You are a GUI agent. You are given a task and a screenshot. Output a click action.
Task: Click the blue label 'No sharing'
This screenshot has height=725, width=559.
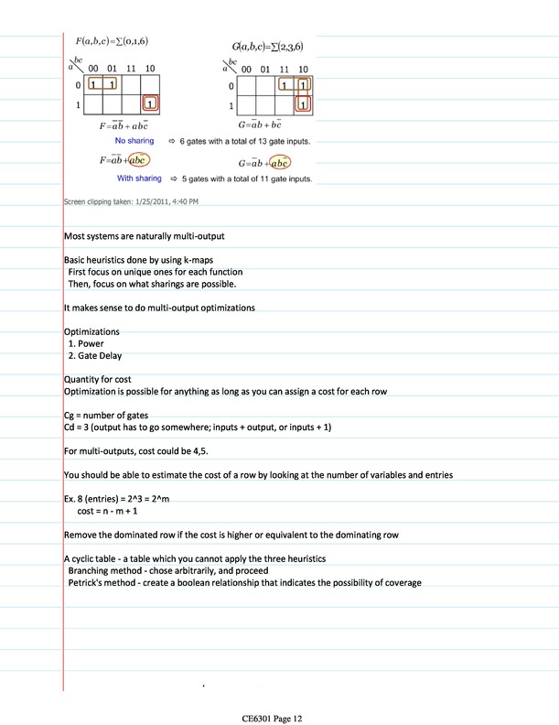click(134, 141)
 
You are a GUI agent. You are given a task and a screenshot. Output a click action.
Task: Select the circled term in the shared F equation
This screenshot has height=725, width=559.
click(140, 159)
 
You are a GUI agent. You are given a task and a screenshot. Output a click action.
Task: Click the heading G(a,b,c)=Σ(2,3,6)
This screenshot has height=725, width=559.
click(275, 45)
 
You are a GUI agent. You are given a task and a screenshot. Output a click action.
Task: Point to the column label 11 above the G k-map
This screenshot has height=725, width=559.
click(285, 68)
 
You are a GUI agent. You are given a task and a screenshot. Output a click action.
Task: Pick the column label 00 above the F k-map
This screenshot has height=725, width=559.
click(94, 68)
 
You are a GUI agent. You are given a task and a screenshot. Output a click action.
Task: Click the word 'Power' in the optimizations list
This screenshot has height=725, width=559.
click(91, 344)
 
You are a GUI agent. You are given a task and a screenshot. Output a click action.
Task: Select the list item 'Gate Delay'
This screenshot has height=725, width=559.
click(101, 356)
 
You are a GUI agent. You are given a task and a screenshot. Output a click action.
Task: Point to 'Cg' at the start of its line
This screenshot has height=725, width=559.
click(70, 416)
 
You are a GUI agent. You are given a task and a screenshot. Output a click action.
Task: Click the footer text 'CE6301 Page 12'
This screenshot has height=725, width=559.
click(279, 694)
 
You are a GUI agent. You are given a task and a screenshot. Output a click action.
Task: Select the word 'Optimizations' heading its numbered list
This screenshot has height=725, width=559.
click(91, 331)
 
